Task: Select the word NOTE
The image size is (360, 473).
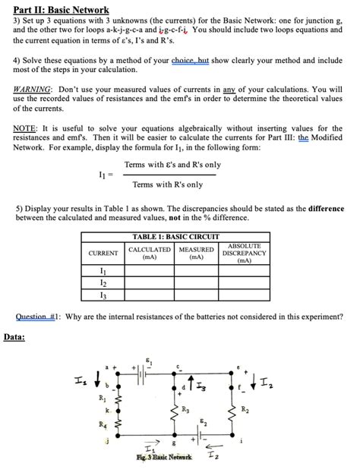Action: pyautogui.click(x=26, y=128)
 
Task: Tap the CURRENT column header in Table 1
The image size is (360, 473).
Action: pyautogui.click(x=103, y=253)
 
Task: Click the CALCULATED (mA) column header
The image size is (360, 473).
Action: pyautogui.click(x=150, y=253)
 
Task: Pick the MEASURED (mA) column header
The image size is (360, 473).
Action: pyautogui.click(x=196, y=253)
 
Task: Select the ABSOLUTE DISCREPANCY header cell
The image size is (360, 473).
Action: pyautogui.click(x=244, y=253)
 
